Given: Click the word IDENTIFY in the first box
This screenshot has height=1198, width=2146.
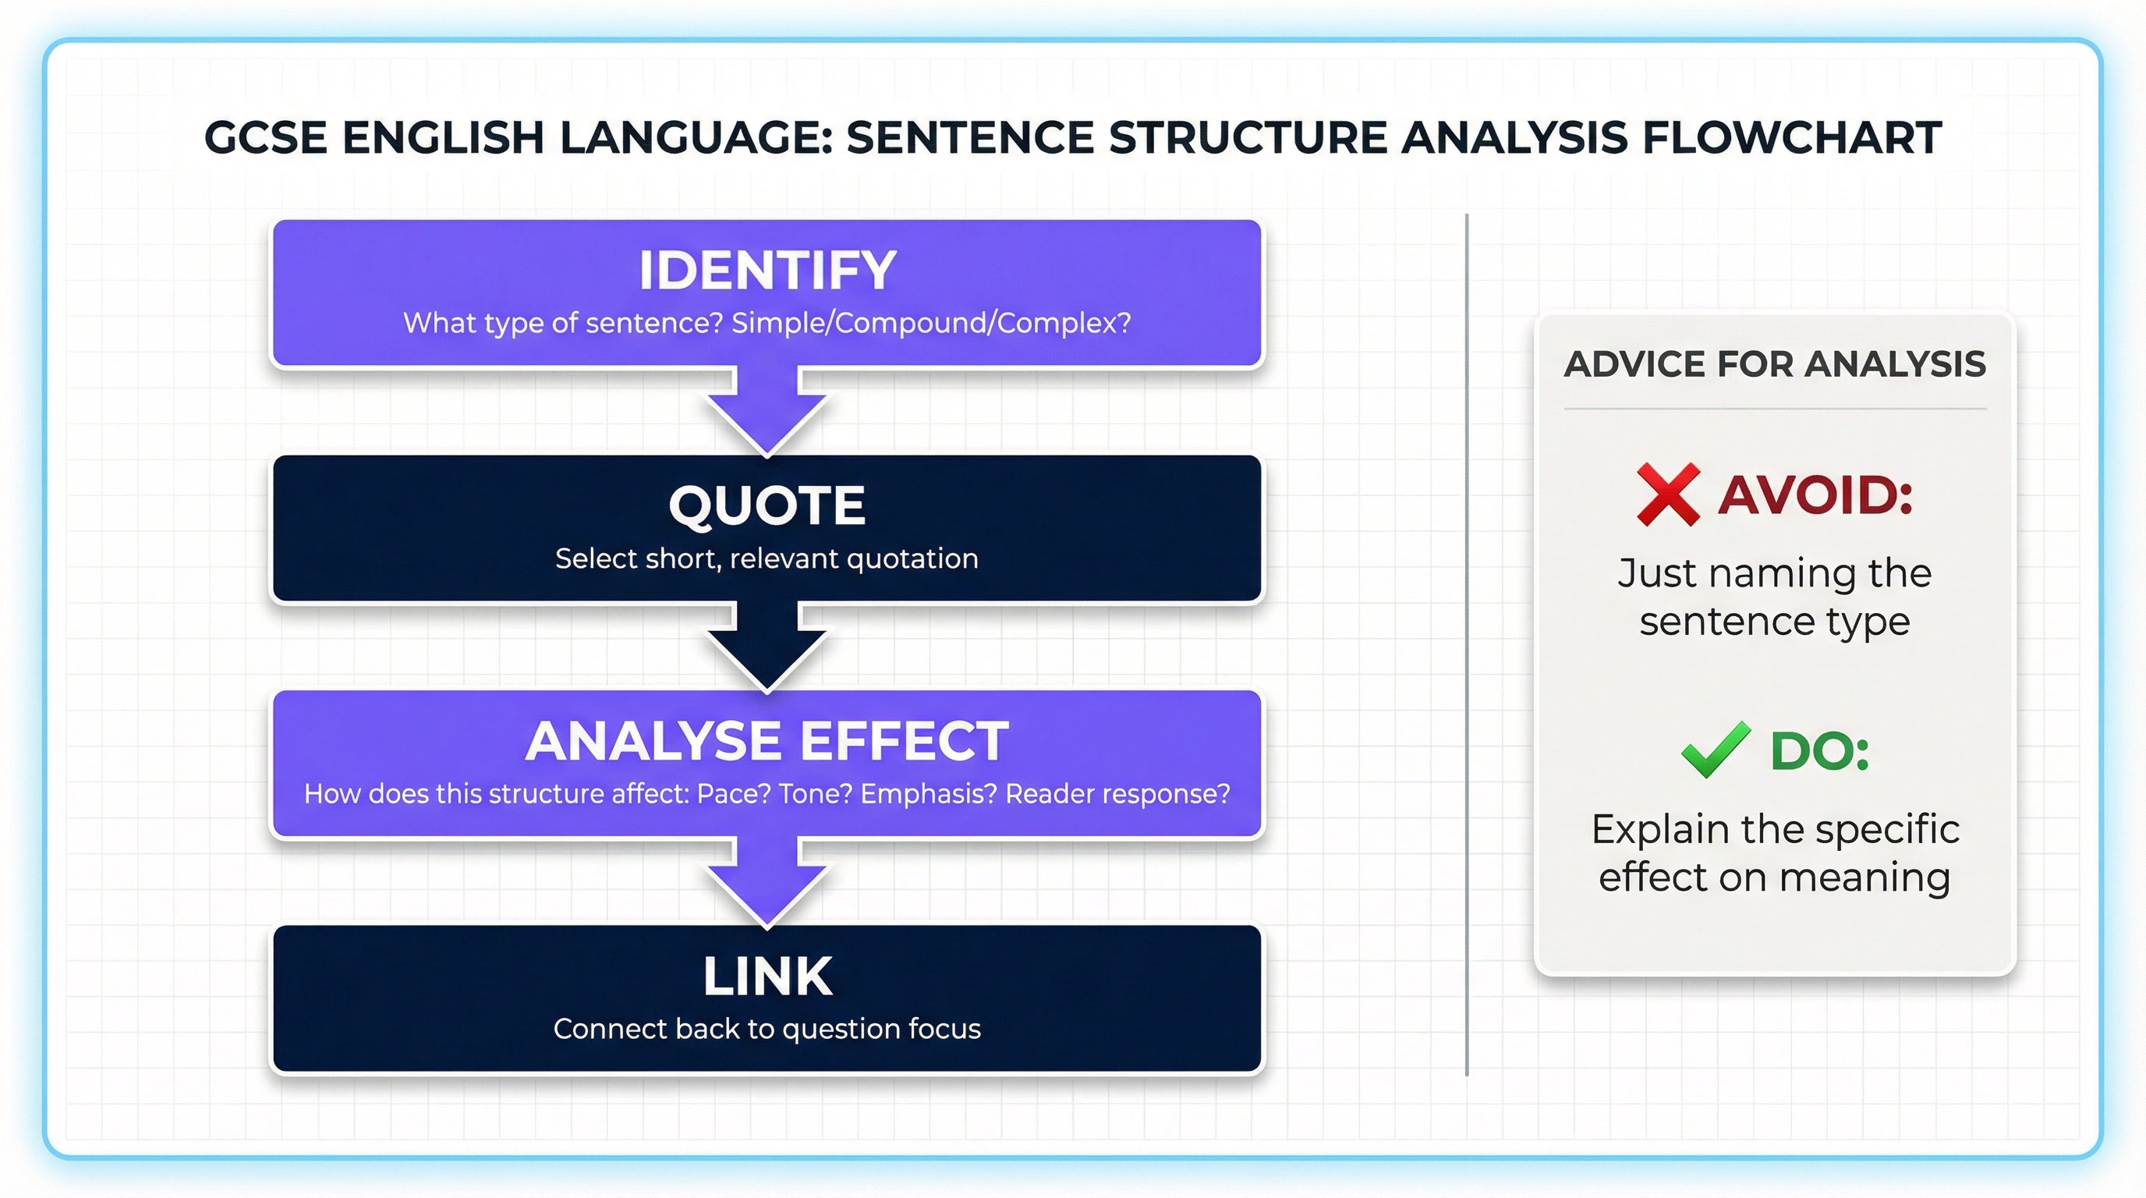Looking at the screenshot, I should pyautogui.click(x=767, y=270).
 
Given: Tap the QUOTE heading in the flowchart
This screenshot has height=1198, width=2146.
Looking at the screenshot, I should pyautogui.click(x=767, y=505).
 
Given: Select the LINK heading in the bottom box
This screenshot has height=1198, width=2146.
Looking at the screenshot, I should pyautogui.click(x=767, y=976).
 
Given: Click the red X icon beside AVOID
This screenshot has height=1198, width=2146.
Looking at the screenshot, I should pyautogui.click(x=1668, y=494).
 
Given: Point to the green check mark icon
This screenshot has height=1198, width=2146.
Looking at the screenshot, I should pyautogui.click(x=1716, y=749).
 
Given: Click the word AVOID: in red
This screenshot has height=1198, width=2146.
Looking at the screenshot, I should pyautogui.click(x=1815, y=494).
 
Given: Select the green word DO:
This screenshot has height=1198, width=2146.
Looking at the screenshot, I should pyautogui.click(x=1819, y=750).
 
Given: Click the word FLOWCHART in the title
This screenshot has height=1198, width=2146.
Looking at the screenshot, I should pyautogui.click(x=1791, y=137).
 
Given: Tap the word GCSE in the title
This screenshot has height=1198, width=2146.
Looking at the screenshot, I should pyautogui.click(x=265, y=137).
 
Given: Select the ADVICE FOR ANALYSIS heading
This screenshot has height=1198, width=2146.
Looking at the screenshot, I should pyautogui.click(x=1775, y=364).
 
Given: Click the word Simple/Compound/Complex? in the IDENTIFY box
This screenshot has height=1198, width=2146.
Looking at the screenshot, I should pyautogui.click(x=930, y=323).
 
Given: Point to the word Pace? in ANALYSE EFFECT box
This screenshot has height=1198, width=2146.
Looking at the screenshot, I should pyautogui.click(x=733, y=794).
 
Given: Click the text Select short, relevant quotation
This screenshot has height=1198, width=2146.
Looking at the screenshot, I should pyautogui.click(x=767, y=558).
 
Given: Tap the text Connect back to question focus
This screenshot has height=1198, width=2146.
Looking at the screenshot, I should pyautogui.click(x=767, y=1029).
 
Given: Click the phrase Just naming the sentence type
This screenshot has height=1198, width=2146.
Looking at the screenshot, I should pyautogui.click(x=1775, y=597).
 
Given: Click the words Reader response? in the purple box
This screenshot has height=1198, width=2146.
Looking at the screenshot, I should pyautogui.click(x=1117, y=794).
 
